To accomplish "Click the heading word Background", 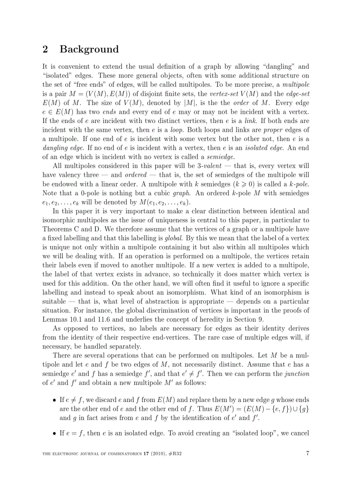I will [x=89, y=49].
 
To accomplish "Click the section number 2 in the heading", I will [x=45, y=49].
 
